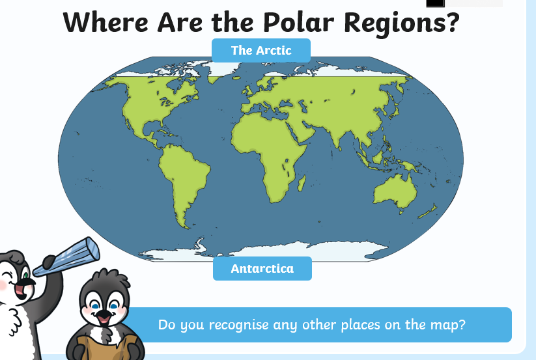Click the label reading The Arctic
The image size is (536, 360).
(x=261, y=51)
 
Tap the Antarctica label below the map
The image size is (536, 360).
(x=262, y=268)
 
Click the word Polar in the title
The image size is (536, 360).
(x=298, y=23)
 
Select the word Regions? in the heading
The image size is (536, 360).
(x=402, y=24)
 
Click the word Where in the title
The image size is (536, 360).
(x=106, y=23)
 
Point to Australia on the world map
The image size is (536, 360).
(x=395, y=192)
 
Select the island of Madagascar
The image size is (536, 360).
(x=301, y=184)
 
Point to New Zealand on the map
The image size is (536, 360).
(x=428, y=212)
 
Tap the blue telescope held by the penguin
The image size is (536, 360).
(x=67, y=256)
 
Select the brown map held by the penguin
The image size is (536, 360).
(x=107, y=348)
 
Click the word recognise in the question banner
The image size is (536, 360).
(x=238, y=325)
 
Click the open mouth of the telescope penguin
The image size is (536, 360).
(x=20, y=291)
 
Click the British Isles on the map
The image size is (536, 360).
(x=247, y=90)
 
